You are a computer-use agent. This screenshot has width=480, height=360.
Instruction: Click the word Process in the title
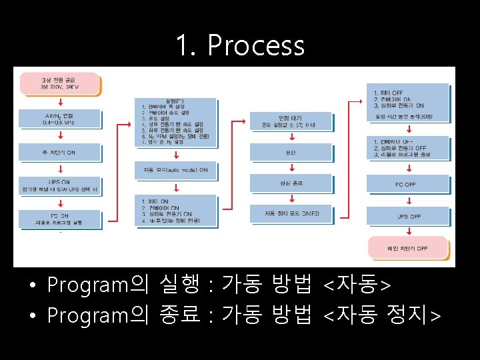[x=256, y=46]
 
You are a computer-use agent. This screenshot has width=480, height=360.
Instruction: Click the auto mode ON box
[x=175, y=170]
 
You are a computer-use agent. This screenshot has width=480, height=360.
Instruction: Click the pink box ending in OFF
[x=407, y=249]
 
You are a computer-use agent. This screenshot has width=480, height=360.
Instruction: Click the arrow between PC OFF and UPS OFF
[x=406, y=201]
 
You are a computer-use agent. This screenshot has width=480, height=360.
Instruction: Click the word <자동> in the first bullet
[x=357, y=285]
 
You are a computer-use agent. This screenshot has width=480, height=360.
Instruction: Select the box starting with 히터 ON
[x=175, y=209]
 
